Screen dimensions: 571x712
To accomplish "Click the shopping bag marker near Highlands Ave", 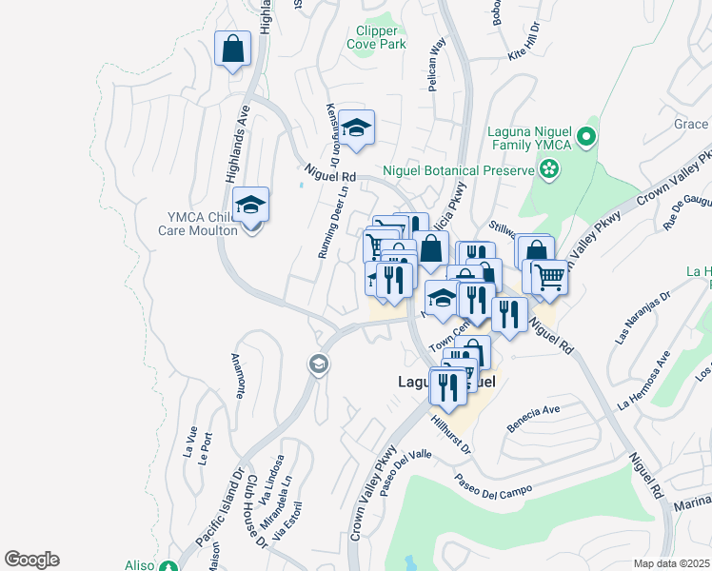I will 233,49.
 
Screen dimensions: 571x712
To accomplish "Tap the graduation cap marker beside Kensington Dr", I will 356,128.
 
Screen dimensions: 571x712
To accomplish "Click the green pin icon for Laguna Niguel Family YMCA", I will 586,138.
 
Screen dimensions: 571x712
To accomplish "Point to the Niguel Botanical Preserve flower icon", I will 548,169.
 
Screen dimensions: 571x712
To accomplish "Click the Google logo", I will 31,560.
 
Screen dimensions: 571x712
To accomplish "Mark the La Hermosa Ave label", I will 643,380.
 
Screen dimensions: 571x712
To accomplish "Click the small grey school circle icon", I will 317,364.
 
